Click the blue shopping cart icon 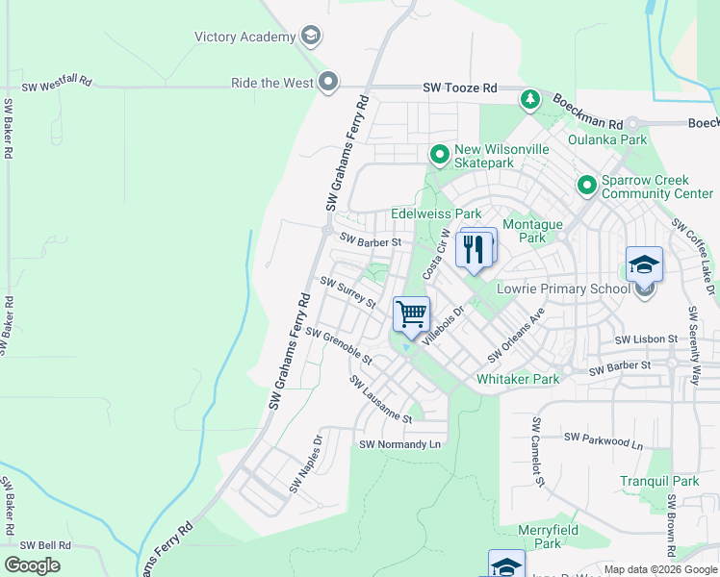pyautogui.click(x=412, y=314)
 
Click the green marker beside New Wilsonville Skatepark pyautogui.click(x=439, y=155)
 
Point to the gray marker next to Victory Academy pyautogui.click(x=310, y=38)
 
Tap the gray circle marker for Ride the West pyautogui.click(x=328, y=83)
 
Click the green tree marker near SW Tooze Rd pyautogui.click(x=529, y=99)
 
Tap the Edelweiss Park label pyautogui.click(x=435, y=213)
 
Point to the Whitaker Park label pyautogui.click(x=518, y=379)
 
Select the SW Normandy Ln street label pyautogui.click(x=399, y=444)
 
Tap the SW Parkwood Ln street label pyautogui.click(x=603, y=439)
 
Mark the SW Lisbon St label pyautogui.click(x=646, y=340)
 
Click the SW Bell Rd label pyautogui.click(x=45, y=544)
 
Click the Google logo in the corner pyautogui.click(x=32, y=565)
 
